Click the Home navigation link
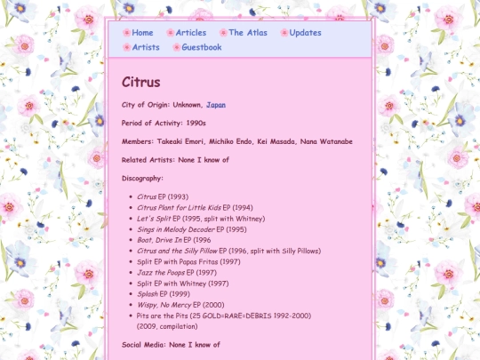[x=142, y=33]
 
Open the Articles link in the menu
[x=190, y=33]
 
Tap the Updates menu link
[x=305, y=33]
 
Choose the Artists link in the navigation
[x=146, y=48]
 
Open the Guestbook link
[x=201, y=48]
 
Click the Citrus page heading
[x=140, y=83]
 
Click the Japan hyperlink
[x=215, y=105]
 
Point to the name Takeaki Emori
[x=180, y=141]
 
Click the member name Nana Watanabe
[x=326, y=141]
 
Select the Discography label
[x=142, y=179]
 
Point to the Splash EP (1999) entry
[x=163, y=294]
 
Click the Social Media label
[x=144, y=344]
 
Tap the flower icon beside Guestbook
[x=176, y=48]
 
